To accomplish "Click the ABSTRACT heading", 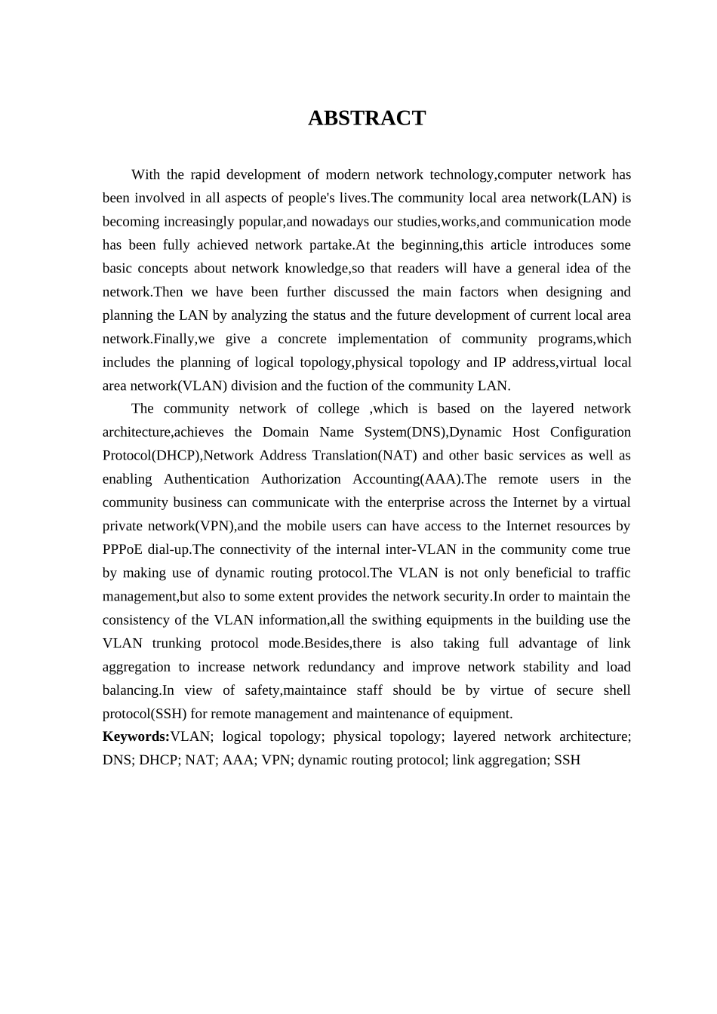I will (367, 118).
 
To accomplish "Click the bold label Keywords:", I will (136, 736).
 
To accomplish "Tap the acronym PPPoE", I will (123, 549).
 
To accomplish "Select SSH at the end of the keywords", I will (567, 760).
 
